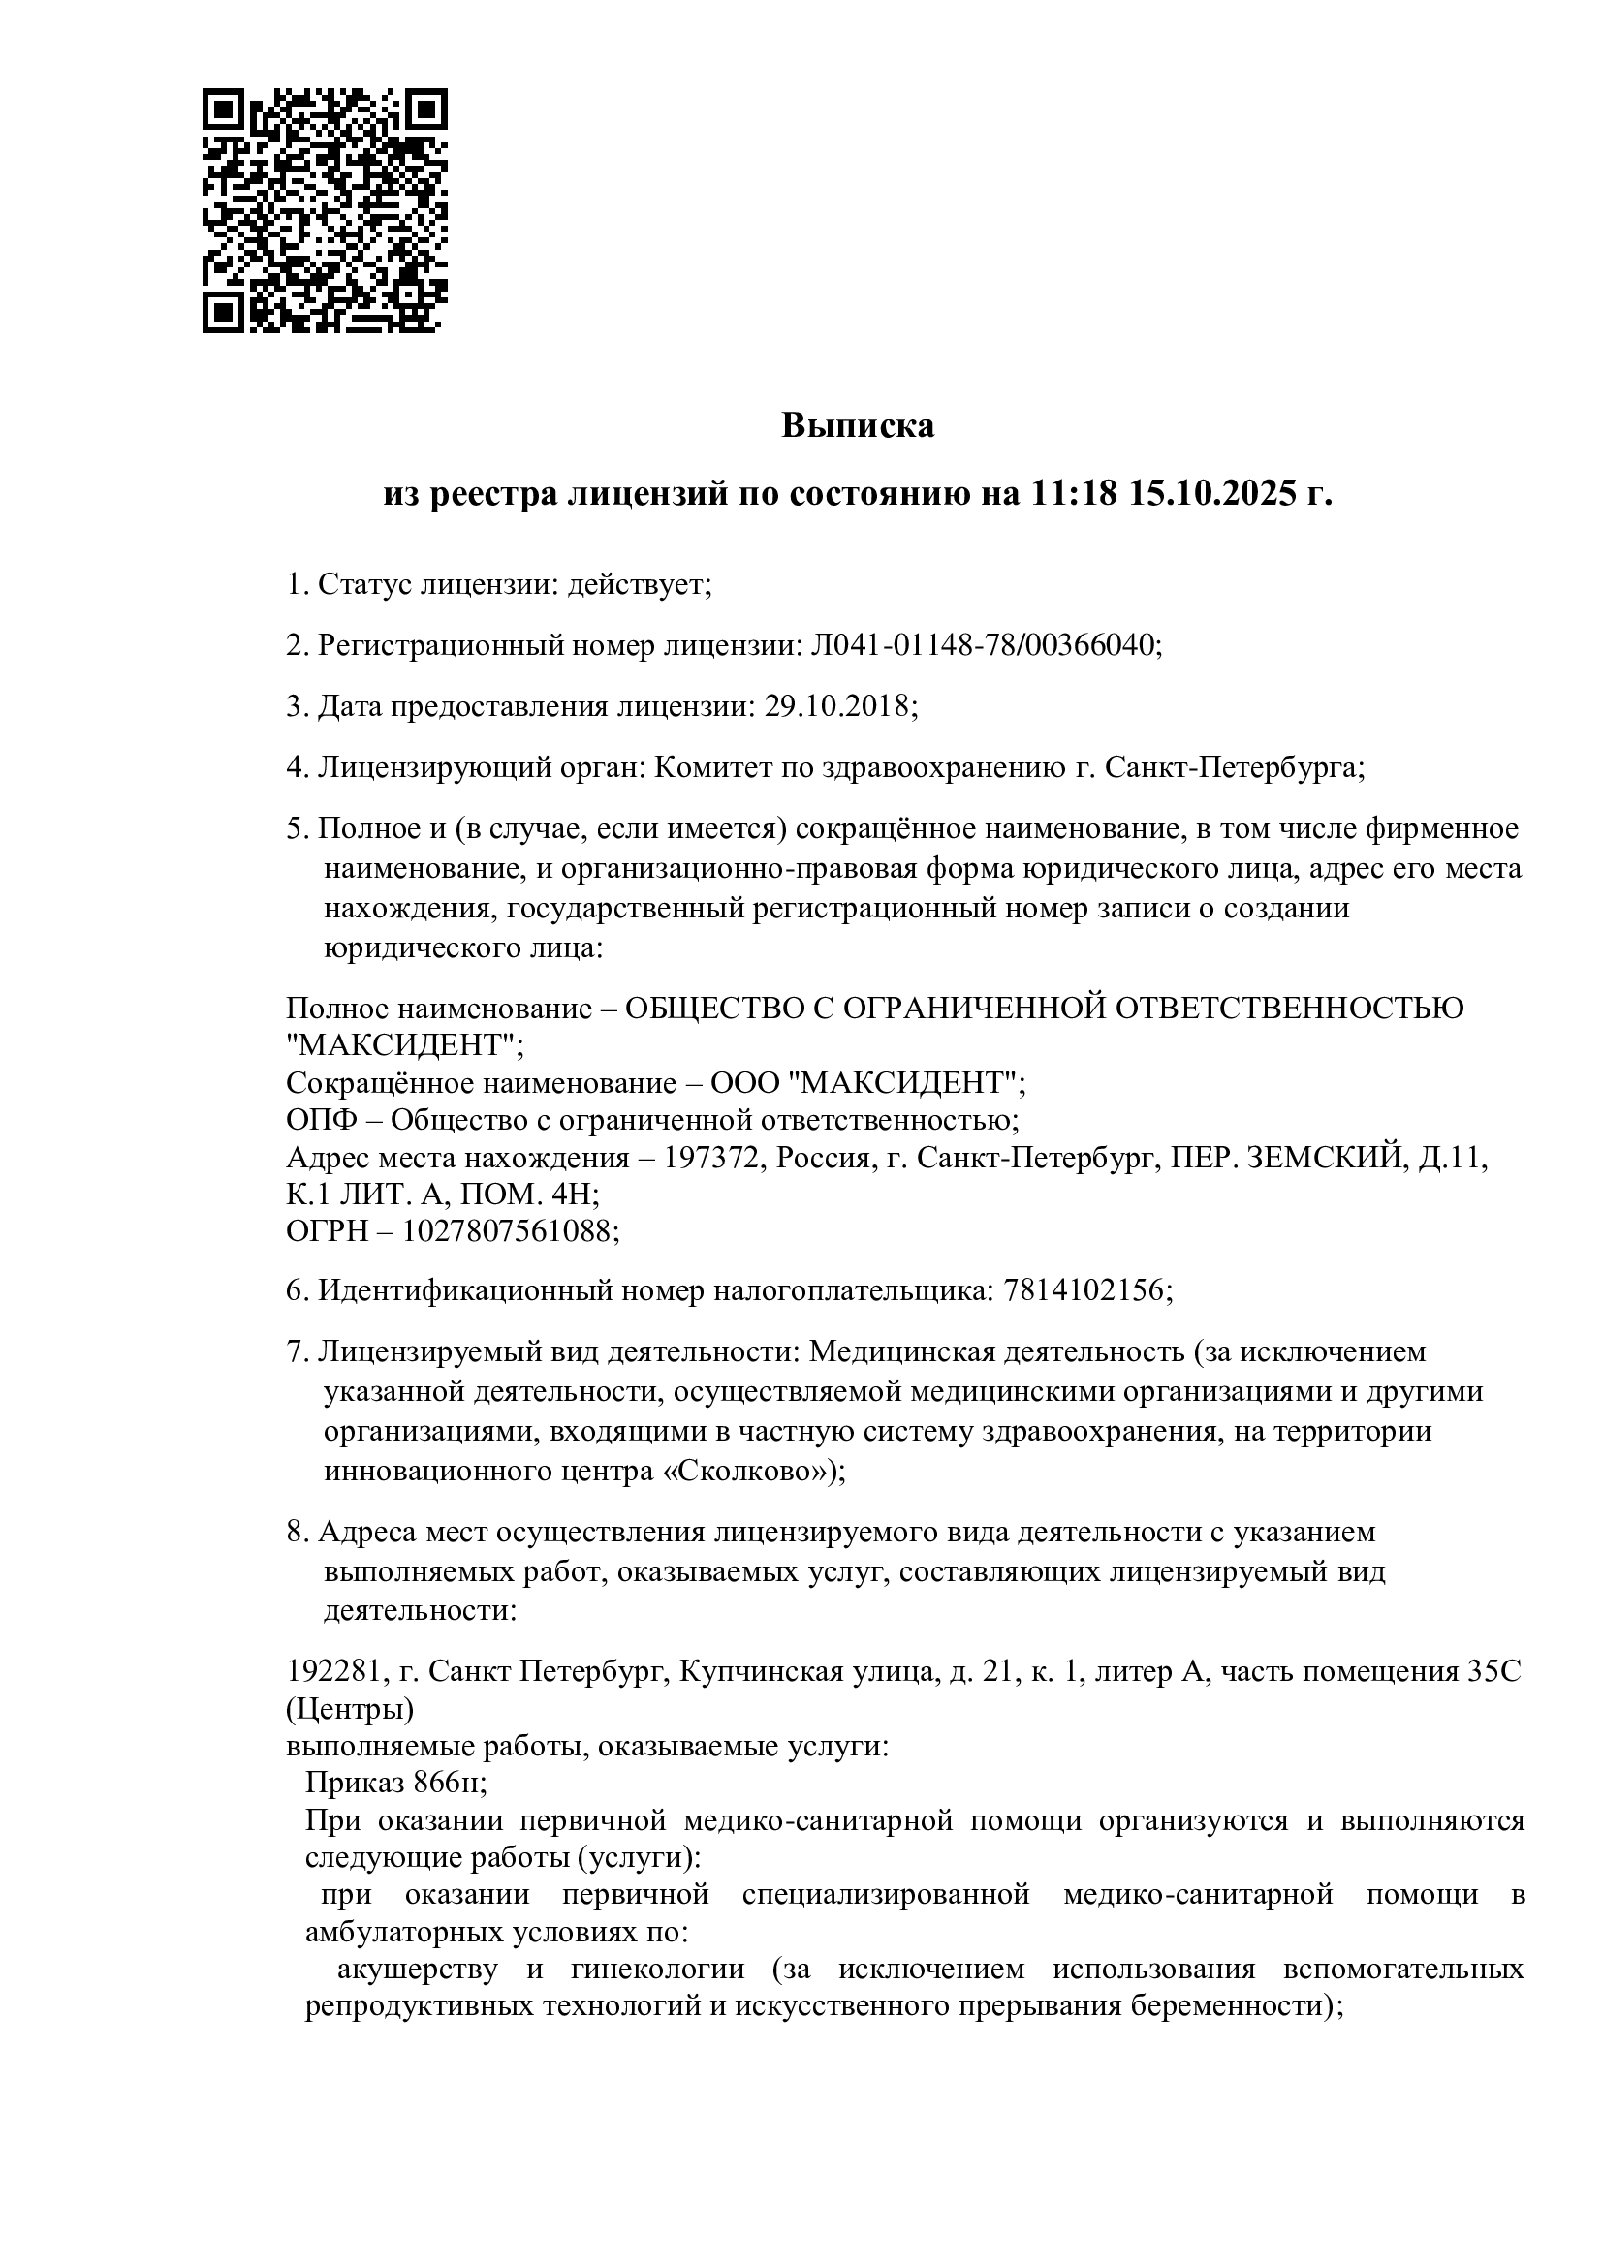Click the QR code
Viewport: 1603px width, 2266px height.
(325, 210)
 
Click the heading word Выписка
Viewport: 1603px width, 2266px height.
(857, 426)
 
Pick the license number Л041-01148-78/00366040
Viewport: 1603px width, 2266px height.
(983, 646)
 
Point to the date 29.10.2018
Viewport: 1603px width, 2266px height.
(837, 706)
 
